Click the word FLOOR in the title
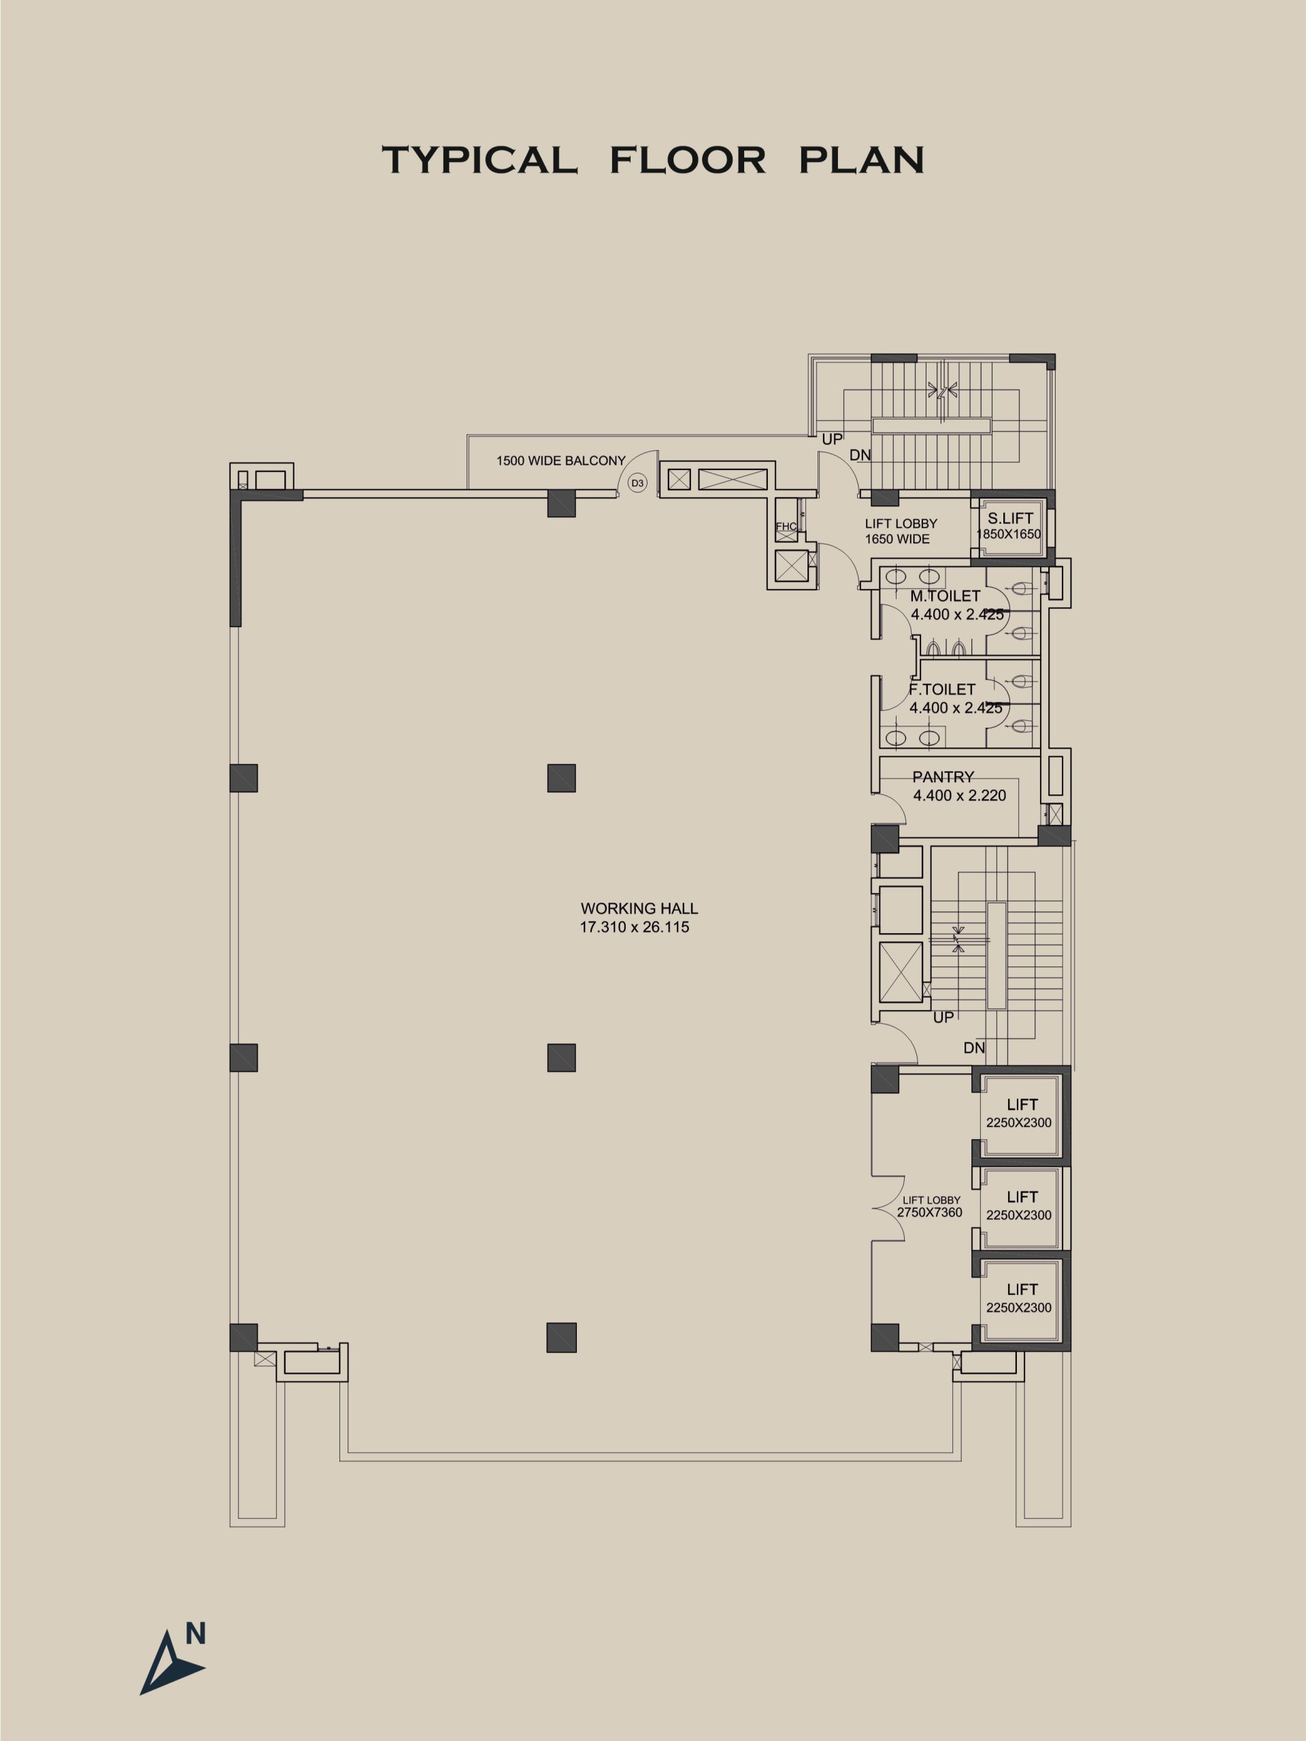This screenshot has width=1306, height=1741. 687,160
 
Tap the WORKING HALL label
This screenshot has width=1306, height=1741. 639,909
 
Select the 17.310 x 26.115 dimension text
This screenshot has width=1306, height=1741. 635,927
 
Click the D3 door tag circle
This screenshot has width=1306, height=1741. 637,484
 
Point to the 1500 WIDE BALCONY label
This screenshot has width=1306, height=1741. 560,460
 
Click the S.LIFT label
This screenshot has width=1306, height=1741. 1010,519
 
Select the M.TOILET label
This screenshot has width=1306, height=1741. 945,596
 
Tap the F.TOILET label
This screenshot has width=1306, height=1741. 942,690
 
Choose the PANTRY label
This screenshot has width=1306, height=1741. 943,777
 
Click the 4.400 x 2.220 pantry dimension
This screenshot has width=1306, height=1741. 960,796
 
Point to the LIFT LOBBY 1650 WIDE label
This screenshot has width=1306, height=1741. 901,531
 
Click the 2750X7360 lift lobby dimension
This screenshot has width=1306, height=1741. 930,1213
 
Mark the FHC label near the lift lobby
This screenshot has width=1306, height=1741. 786,526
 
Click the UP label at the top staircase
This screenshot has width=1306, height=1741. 832,439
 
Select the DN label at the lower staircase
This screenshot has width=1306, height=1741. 974,1047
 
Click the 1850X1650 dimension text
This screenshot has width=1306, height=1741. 1009,535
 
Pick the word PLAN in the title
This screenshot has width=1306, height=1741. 861,160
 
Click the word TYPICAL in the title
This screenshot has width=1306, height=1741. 480,160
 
